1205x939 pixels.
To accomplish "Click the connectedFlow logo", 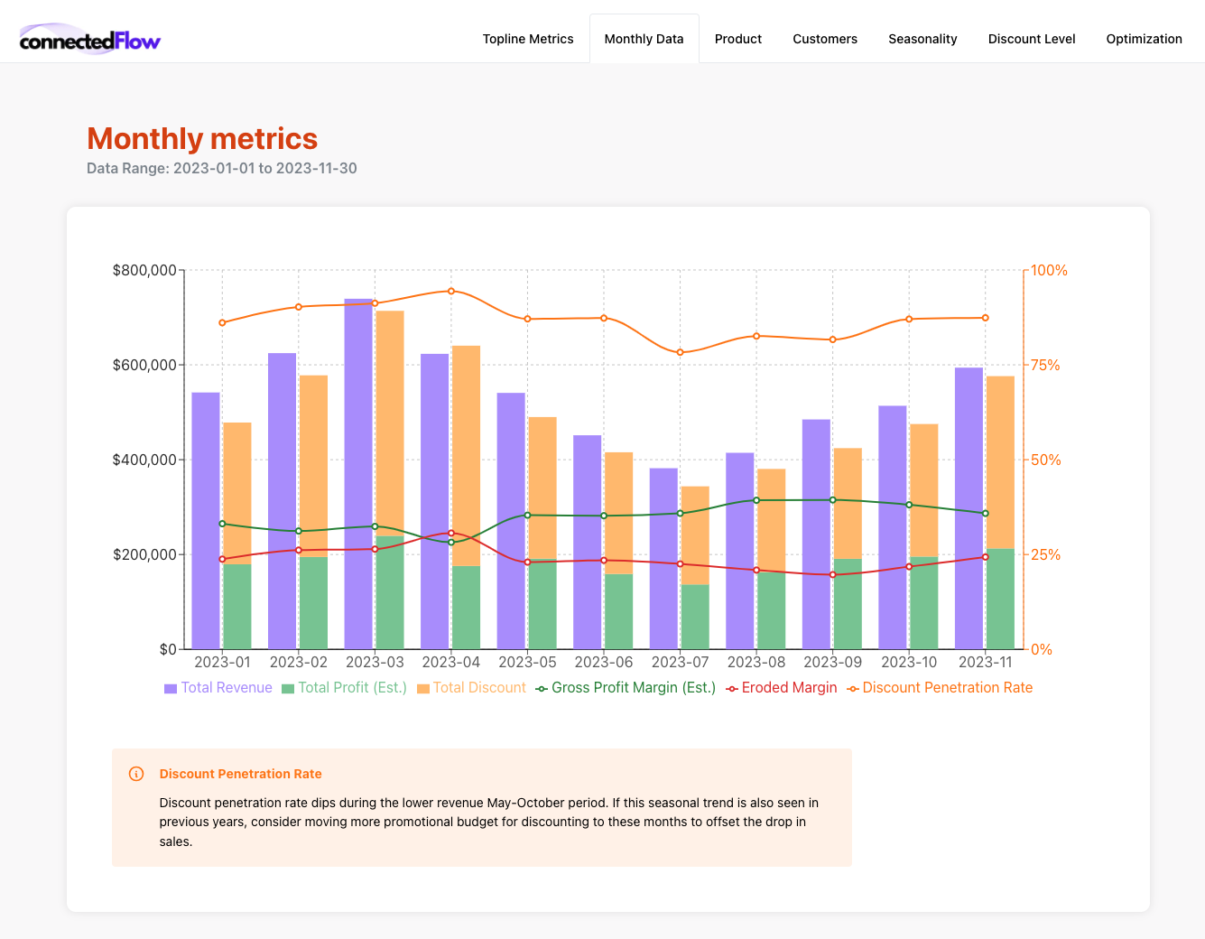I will [x=89, y=40].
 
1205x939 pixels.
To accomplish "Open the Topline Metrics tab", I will [x=528, y=39].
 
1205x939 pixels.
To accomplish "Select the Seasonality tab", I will [x=922, y=39].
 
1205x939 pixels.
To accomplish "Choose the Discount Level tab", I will [x=1032, y=39].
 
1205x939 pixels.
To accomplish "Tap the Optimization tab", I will [x=1144, y=39].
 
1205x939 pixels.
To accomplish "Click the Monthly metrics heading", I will [x=202, y=139].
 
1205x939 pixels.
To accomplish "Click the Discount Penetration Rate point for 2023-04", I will [x=451, y=291].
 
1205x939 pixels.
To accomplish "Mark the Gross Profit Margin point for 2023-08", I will [x=756, y=500].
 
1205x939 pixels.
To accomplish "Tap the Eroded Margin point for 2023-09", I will [x=833, y=575].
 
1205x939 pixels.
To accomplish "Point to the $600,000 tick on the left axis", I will [x=144, y=365].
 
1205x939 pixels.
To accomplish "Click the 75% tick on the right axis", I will [x=1045, y=365].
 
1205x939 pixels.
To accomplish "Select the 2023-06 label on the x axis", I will [x=604, y=662].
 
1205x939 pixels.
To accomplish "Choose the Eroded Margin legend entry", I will [x=782, y=688].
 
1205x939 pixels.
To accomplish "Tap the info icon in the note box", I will [x=136, y=774].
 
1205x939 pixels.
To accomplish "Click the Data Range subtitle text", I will [x=221, y=169].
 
